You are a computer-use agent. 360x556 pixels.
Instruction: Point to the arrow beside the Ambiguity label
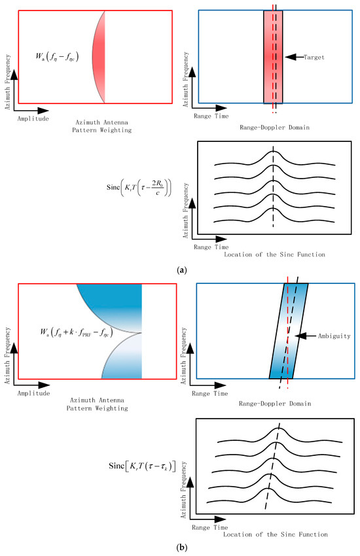point(301,336)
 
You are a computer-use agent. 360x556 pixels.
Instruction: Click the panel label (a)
point(180,269)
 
